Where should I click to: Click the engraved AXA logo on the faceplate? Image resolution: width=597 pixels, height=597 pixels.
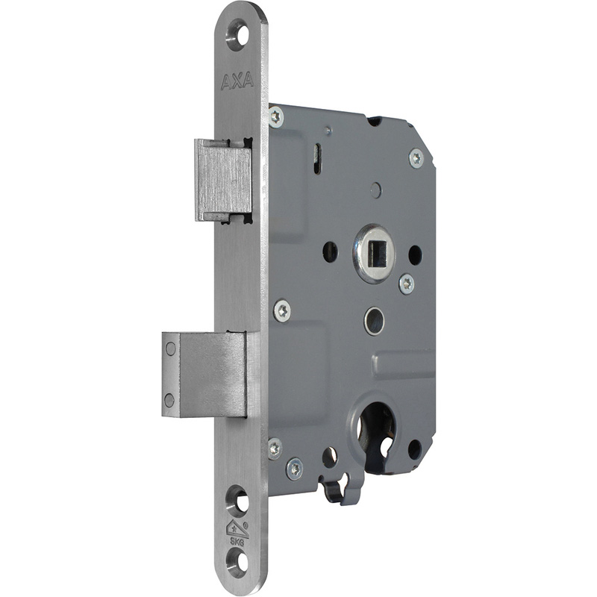pos(237,81)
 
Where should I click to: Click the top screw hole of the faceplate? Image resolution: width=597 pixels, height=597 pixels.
pos(237,35)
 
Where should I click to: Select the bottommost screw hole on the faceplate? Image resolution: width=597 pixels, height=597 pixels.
pos(237,563)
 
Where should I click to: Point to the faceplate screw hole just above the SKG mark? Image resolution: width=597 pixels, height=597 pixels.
pos(237,500)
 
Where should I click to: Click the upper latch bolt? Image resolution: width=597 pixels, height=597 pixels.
pos(223,181)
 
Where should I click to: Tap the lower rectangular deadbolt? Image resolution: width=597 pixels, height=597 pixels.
pos(204,375)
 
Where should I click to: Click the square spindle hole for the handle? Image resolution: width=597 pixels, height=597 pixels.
pos(374,253)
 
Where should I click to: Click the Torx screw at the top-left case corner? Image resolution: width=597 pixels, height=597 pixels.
pos(275,116)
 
